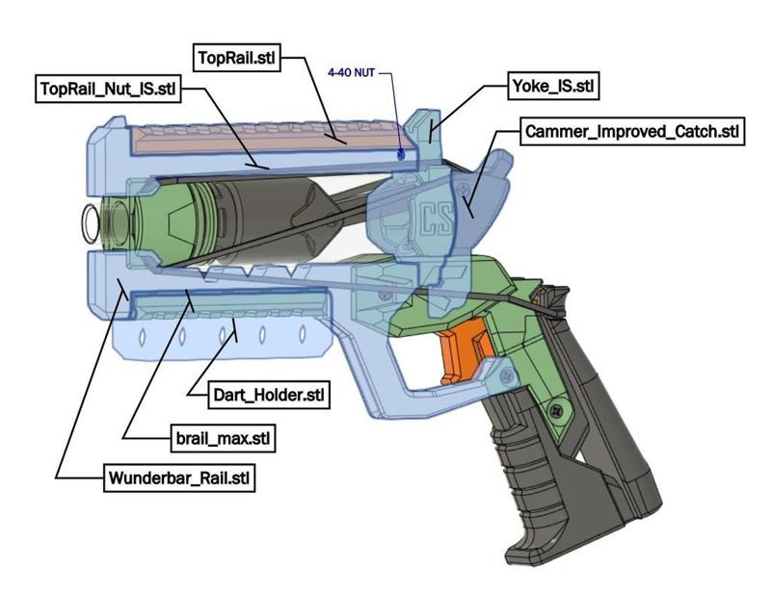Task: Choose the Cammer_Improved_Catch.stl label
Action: point(632,131)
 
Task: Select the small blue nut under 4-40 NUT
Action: point(401,152)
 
